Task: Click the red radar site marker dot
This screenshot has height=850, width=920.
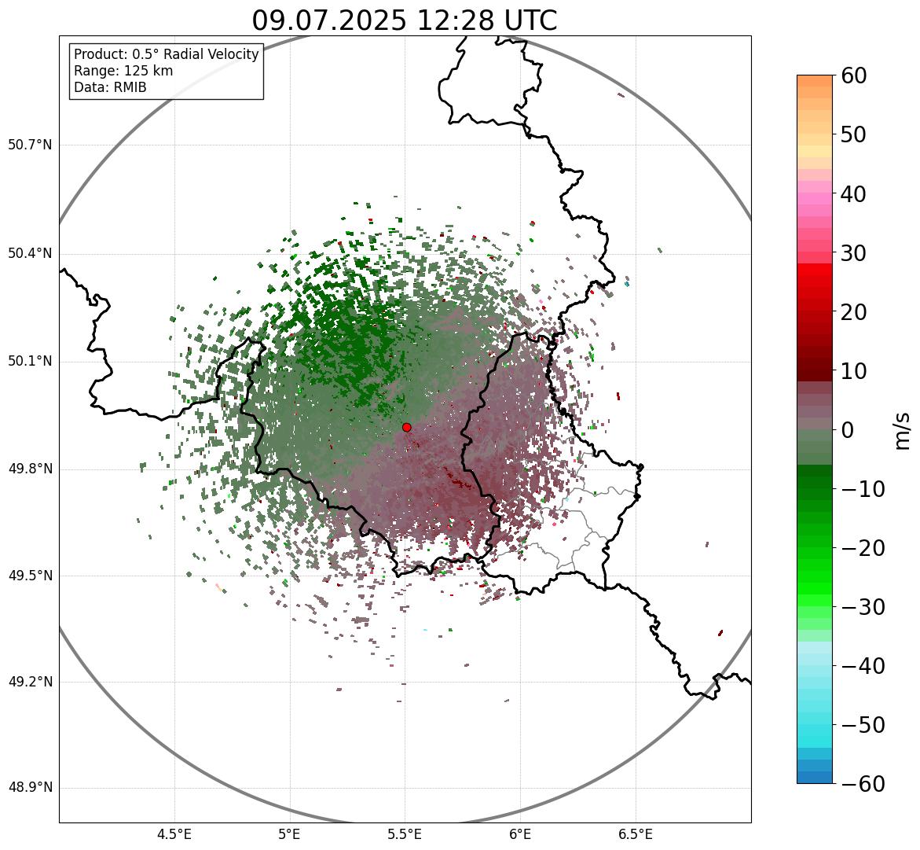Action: pyautogui.click(x=407, y=427)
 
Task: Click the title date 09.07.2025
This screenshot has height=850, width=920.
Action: pyautogui.click(x=328, y=20)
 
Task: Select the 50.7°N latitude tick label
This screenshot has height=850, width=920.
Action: pyautogui.click(x=31, y=145)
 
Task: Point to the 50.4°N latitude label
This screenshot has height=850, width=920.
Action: pyautogui.click(x=31, y=253)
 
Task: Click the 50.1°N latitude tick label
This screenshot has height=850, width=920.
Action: pyautogui.click(x=31, y=362)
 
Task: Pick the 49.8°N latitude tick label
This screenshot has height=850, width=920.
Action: pyautogui.click(x=31, y=469)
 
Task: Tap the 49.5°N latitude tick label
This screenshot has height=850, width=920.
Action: pyautogui.click(x=31, y=576)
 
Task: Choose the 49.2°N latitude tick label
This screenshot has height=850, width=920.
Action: pyautogui.click(x=31, y=682)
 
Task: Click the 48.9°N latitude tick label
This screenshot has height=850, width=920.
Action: pyautogui.click(x=31, y=788)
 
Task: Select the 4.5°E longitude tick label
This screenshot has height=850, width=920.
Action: pyautogui.click(x=174, y=834)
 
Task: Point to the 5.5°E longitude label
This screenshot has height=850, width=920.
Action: pyautogui.click(x=405, y=834)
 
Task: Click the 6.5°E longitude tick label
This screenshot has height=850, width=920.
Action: pyautogui.click(x=635, y=834)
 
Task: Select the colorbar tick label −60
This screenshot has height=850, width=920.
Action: pyautogui.click(x=863, y=784)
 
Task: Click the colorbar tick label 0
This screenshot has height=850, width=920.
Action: pyautogui.click(x=848, y=430)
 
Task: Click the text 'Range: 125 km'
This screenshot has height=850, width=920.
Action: pyautogui.click(x=123, y=71)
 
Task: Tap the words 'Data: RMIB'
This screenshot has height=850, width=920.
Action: pyautogui.click(x=110, y=87)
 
